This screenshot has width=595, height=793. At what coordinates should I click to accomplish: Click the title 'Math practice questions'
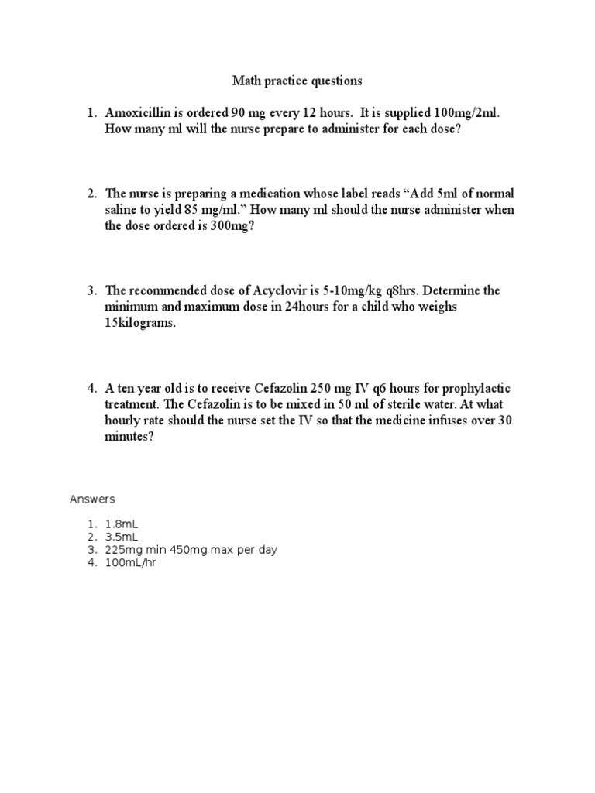pyautogui.click(x=297, y=81)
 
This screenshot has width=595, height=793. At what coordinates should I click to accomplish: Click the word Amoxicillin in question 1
pyautogui.click(x=143, y=113)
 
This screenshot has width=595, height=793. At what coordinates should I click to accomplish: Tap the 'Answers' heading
pyautogui.click(x=92, y=499)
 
